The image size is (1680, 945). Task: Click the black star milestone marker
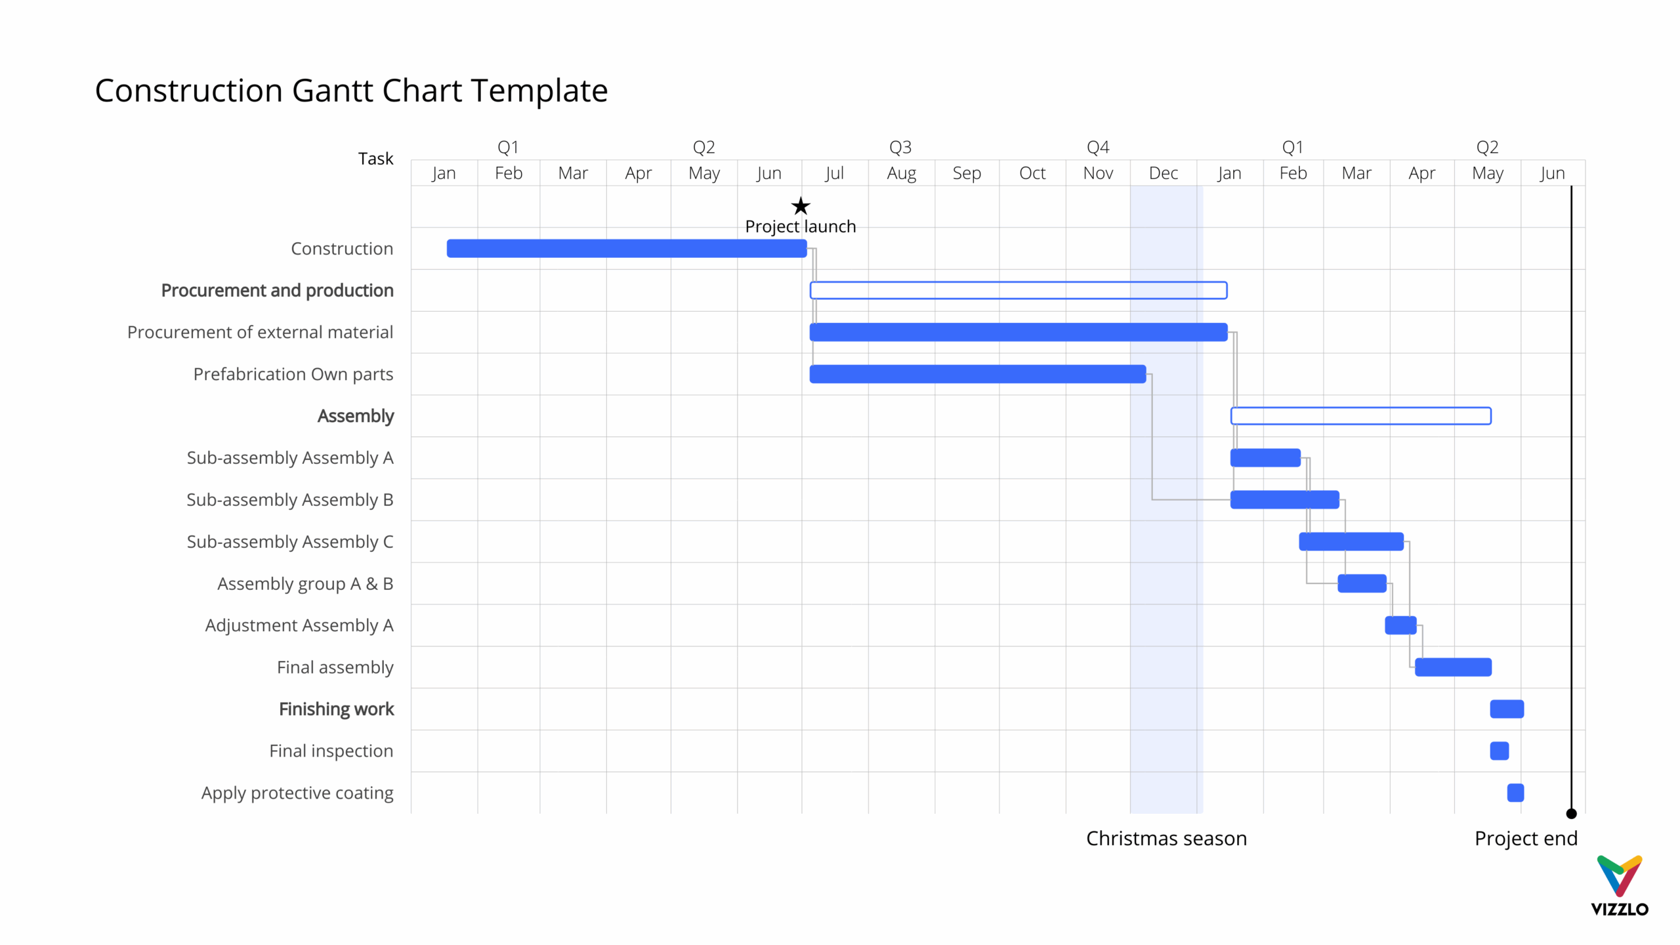(801, 206)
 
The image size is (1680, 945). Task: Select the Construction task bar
(627, 249)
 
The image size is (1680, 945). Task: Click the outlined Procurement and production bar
(1018, 290)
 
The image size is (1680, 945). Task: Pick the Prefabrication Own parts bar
(978, 374)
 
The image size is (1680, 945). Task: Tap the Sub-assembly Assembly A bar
(1265, 458)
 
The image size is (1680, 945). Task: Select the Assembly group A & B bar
(1362, 583)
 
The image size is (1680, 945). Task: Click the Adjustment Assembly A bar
(1400, 625)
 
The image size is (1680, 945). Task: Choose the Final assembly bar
(1453, 667)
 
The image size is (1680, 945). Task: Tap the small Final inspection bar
(1499, 751)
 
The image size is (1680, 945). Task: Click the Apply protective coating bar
(1515, 793)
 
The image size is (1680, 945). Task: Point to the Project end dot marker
(1571, 814)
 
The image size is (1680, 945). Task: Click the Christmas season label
(1166, 839)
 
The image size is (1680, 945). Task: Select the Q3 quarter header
(900, 147)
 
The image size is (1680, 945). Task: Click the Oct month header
(1032, 173)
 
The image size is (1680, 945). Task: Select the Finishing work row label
(336, 709)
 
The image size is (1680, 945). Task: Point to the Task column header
(375, 159)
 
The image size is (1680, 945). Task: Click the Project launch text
(801, 227)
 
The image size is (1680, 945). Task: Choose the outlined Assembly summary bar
(1360, 416)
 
